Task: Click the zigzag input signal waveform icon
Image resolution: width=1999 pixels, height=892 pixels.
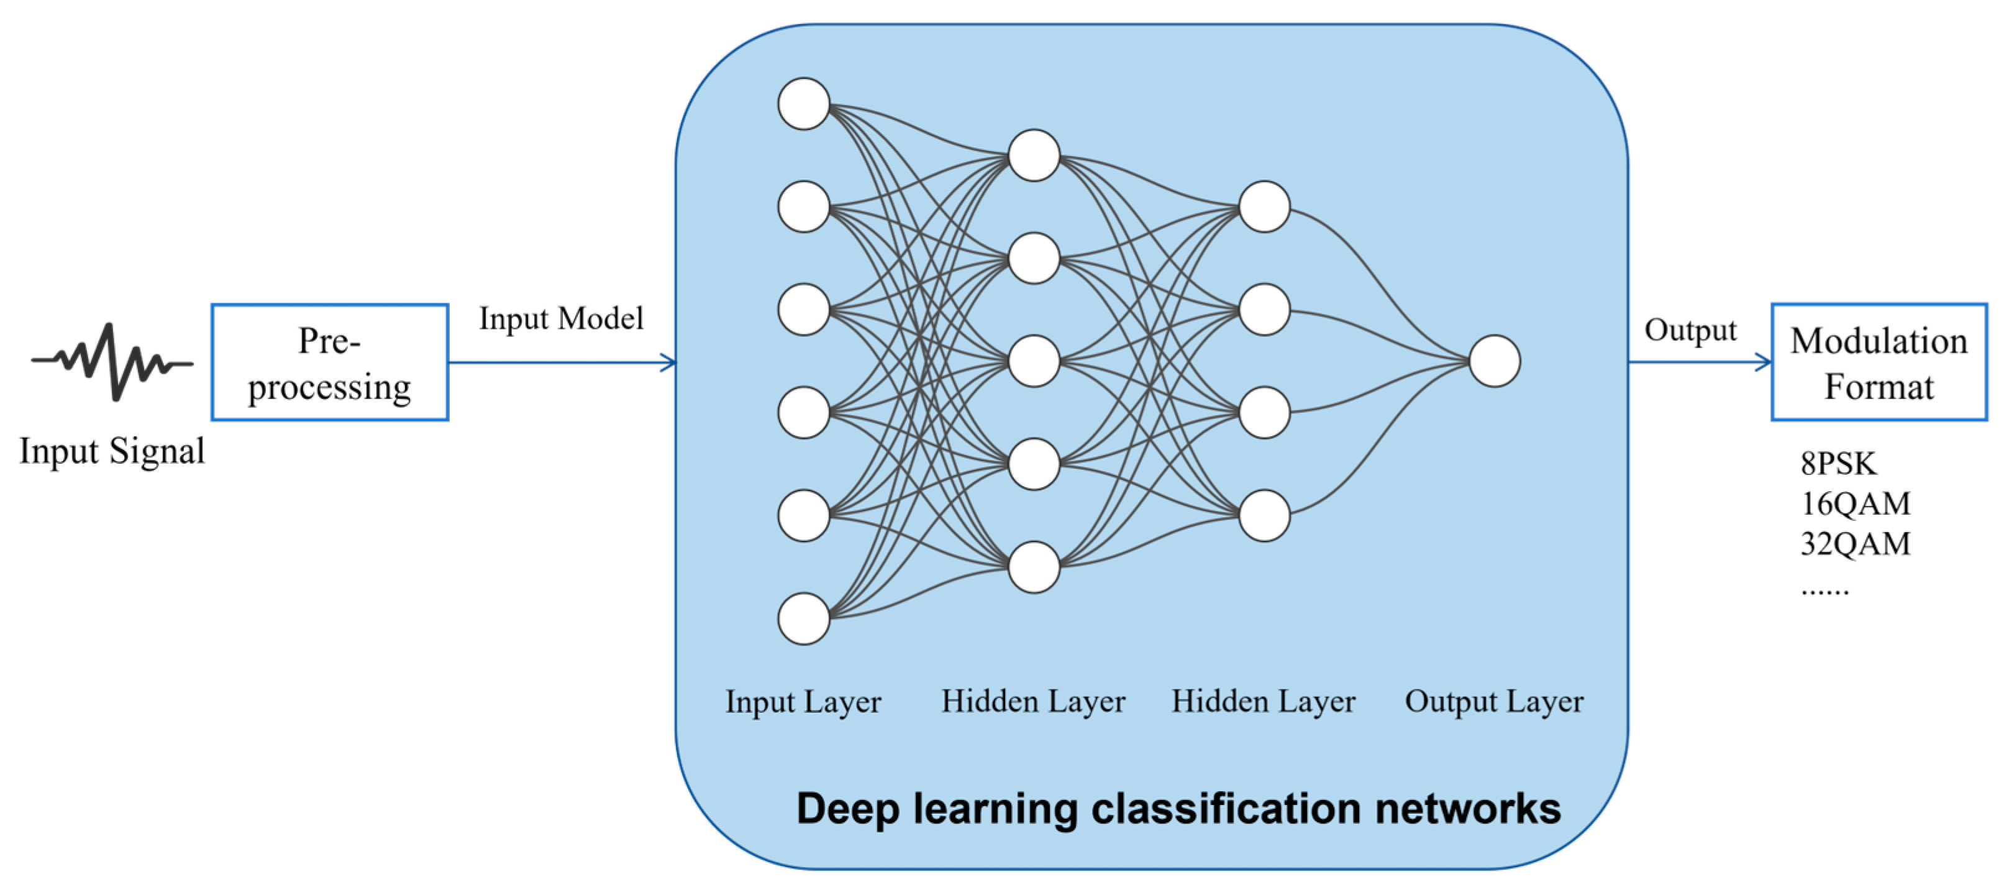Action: point(112,362)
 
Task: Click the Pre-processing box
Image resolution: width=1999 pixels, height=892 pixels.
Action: point(330,362)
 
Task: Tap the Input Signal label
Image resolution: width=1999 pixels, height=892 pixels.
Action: point(112,451)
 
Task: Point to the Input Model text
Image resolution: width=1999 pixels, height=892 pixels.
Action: point(561,318)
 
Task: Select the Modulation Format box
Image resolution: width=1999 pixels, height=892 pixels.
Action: point(1878,362)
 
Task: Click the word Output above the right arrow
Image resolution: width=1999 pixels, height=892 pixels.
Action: point(1690,330)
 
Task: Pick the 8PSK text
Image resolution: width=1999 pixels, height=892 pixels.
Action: point(1837,464)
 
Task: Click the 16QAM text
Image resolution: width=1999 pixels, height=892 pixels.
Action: point(1856,504)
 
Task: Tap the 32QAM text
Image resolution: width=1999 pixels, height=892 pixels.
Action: point(1856,543)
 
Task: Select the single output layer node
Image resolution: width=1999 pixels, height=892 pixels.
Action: point(1495,361)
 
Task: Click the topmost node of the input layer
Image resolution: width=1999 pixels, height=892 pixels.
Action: point(804,103)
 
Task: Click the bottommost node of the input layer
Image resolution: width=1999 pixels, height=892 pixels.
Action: point(804,618)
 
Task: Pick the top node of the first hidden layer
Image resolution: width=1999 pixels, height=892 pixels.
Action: point(1034,155)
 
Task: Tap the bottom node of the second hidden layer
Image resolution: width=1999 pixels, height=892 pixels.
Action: point(1264,515)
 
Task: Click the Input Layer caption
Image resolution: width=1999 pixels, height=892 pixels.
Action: point(803,702)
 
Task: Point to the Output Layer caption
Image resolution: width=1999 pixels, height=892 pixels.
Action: point(1494,702)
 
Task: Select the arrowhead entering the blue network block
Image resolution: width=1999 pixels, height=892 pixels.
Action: point(669,362)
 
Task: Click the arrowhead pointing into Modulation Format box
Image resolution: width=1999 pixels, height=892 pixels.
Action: point(1764,362)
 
